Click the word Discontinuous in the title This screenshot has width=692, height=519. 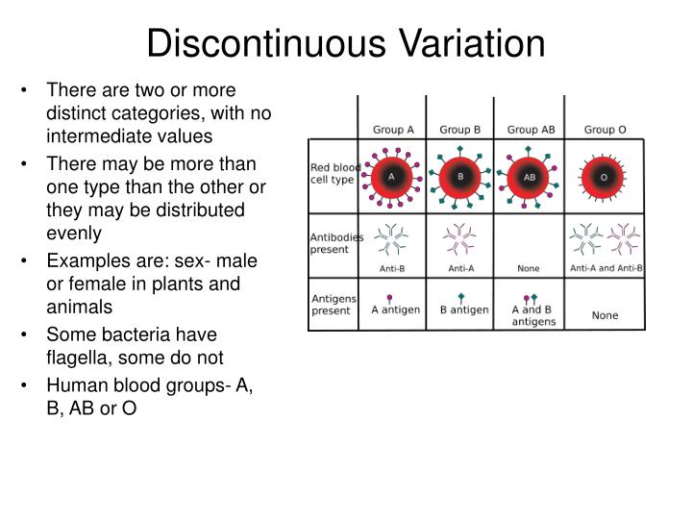[x=253, y=43]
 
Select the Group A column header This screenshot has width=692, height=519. [x=393, y=130]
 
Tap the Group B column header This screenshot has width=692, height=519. [x=460, y=130]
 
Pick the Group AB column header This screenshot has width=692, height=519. [x=531, y=130]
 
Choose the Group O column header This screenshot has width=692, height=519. [x=605, y=130]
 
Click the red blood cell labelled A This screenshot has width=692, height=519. [x=391, y=177]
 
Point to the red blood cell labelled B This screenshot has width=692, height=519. [x=460, y=177]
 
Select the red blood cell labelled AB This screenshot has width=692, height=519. [x=530, y=177]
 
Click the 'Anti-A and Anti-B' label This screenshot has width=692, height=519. [x=605, y=268]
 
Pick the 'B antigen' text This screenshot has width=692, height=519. [x=464, y=309]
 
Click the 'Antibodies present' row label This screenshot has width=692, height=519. [x=334, y=243]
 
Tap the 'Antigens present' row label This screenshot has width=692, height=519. [x=332, y=305]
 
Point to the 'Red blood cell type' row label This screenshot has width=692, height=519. [x=334, y=173]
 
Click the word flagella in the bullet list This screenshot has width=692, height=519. [x=77, y=357]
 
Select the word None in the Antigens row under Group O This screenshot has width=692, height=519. [x=605, y=315]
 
